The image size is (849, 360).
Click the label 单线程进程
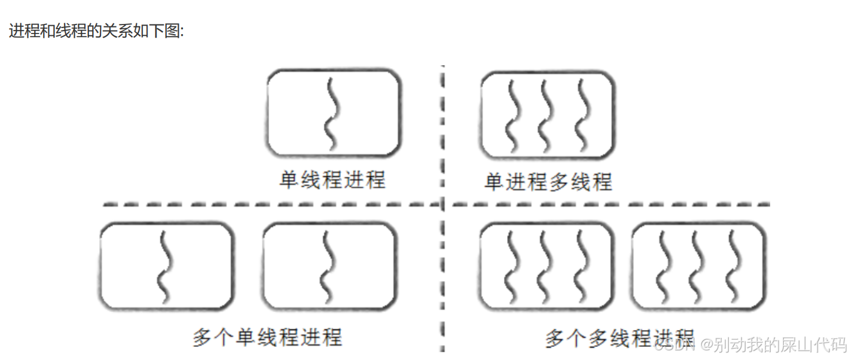click(x=332, y=179)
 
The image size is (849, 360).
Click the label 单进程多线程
click(x=548, y=181)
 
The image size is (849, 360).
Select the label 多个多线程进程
click(x=619, y=338)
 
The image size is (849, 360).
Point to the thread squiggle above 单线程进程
click(x=331, y=114)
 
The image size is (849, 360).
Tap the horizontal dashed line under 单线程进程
click(x=269, y=205)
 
